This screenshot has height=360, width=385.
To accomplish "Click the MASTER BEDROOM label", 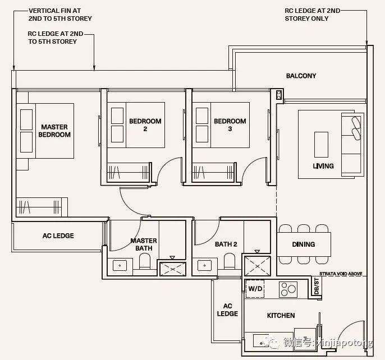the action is (54, 131).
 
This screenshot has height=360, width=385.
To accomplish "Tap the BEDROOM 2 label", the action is (145, 125).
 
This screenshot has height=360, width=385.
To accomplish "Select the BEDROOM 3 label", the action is (230, 125).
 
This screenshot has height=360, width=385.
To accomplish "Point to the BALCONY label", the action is (301, 76).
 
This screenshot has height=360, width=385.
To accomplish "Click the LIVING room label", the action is (323, 166).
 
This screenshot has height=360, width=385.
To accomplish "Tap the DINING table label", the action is (304, 244).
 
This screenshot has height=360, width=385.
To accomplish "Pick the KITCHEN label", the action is (281, 315).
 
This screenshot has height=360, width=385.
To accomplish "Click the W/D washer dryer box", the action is (255, 289).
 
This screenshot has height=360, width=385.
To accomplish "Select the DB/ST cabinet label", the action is (317, 286).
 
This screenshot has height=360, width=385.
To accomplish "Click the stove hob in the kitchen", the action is (288, 289).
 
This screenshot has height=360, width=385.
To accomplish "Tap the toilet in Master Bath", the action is (145, 261).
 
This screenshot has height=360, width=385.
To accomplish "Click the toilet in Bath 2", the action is (230, 261).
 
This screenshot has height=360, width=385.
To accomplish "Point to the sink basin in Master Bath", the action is (120, 266).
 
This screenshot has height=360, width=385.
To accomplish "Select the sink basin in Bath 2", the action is (204, 266).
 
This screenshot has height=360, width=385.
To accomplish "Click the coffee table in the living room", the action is (321, 145).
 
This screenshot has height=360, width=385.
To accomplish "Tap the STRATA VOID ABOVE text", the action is (341, 274).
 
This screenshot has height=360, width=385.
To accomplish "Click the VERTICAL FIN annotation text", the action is (60, 15).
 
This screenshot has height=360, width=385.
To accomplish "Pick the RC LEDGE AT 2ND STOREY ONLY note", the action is (312, 15).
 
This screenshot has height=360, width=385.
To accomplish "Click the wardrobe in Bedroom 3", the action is (213, 173).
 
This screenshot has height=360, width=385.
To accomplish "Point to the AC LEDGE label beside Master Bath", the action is (58, 236).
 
